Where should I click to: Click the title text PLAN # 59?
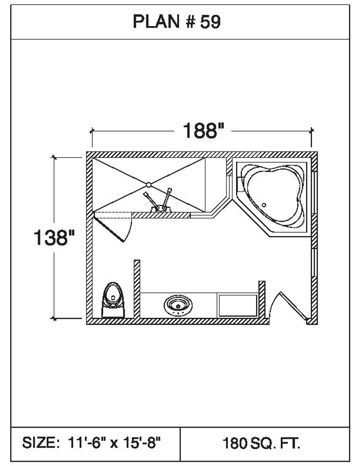[x=176, y=22]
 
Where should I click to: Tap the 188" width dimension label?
[x=203, y=130]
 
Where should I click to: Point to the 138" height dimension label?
[x=54, y=238]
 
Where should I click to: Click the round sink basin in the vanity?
[x=178, y=305]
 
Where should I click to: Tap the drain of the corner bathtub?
[x=264, y=205]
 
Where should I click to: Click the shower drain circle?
[x=148, y=185]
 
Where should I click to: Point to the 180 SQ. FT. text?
[x=262, y=443]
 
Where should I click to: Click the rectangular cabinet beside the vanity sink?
[x=238, y=305]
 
